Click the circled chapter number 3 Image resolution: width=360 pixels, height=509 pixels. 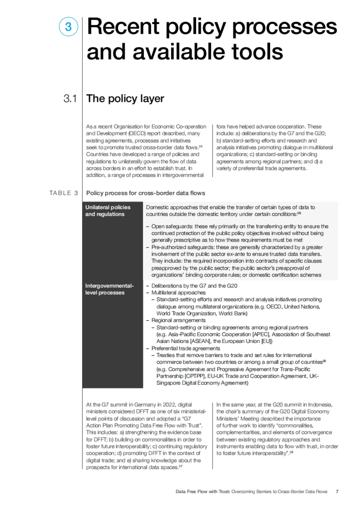pos(68,27)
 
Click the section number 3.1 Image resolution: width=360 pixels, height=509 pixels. pos(70,98)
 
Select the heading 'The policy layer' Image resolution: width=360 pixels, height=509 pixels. pos(125,98)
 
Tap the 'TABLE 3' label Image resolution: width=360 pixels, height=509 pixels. pos(64,193)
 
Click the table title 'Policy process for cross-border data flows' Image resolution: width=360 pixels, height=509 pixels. pos(145,193)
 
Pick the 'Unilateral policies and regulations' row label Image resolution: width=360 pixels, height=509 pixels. pos(108,210)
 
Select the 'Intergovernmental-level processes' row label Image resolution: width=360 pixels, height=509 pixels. pos(109,289)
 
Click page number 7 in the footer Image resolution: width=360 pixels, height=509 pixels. pos(337,492)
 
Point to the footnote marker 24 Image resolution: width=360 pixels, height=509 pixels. pos(200,146)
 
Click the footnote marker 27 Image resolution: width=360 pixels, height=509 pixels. pos(181,466)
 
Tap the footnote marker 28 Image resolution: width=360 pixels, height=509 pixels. pos(291,452)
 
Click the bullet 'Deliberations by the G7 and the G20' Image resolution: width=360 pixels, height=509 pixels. pos(194,286)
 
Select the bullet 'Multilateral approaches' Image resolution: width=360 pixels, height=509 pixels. pos(178,293)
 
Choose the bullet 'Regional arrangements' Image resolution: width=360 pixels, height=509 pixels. pos(178,320)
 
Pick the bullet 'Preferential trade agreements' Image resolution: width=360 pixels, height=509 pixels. pos(185,348)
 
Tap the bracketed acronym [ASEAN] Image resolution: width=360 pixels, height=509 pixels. pos(201,341)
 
